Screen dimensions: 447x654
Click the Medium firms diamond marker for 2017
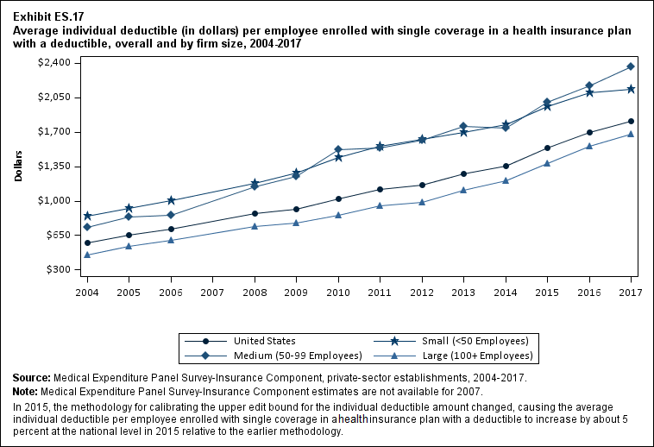[632, 66]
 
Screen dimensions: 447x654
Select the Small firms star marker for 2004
[87, 216]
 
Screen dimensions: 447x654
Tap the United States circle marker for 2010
[338, 199]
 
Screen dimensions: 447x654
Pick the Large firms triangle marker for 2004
[87, 255]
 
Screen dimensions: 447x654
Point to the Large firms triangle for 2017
[632, 134]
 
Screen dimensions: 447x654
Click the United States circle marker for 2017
[632, 121]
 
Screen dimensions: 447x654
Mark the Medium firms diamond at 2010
[338, 149]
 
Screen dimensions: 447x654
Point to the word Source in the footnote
[31, 378]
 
